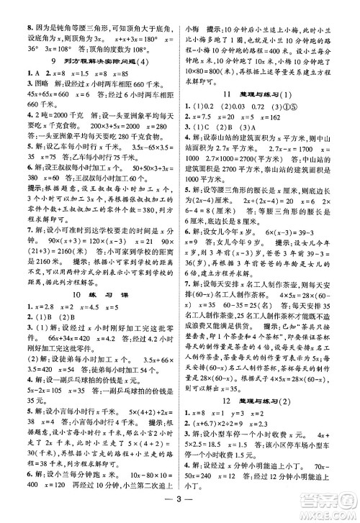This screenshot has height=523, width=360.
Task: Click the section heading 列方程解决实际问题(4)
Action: [90, 61]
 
